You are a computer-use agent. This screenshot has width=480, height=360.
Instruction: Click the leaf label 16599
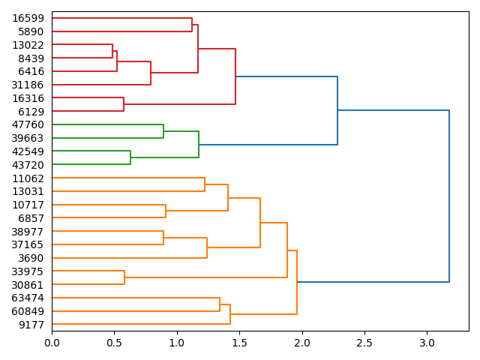point(28,18)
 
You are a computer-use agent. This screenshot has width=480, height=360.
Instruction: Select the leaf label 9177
point(31,325)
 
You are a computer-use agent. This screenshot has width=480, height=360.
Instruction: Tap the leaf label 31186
point(28,85)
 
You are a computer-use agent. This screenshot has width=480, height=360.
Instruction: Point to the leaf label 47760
point(28,124)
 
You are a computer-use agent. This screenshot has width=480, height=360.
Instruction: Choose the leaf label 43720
point(28,165)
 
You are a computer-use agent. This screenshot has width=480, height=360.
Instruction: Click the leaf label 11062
point(28,178)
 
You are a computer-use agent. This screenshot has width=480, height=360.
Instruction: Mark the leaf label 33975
point(28,271)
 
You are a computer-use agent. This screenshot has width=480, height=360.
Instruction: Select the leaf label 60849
point(28,311)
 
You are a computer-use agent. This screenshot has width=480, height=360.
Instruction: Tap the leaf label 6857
point(31,218)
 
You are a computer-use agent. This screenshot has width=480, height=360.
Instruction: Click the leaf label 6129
point(31,112)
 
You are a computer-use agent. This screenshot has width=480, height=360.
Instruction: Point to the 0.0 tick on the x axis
point(52,343)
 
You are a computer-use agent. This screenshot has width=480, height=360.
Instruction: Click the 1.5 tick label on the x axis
point(239,343)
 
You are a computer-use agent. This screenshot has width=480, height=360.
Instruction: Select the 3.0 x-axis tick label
point(427,343)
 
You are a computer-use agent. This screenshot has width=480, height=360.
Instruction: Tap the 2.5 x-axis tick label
point(364,343)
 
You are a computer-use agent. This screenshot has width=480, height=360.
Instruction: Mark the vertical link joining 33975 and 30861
point(124,278)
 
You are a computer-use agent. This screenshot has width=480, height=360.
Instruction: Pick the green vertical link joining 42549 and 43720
point(130,158)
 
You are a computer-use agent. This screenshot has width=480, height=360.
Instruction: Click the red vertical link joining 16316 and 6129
point(124,105)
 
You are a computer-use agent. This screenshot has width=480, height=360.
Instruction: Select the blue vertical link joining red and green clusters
point(337,110)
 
